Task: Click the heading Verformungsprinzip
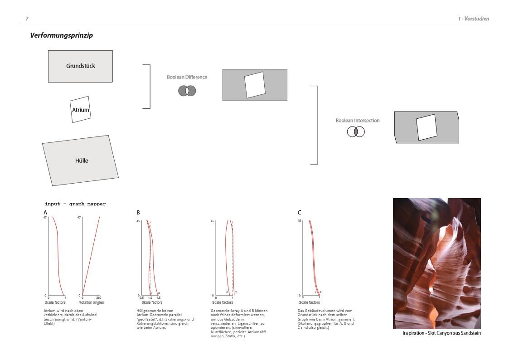tap(61, 35)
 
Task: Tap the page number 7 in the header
tap(27, 19)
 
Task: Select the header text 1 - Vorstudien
tap(473, 19)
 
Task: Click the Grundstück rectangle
tap(81, 66)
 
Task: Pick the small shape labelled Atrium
tap(81, 109)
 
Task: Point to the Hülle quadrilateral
tap(81, 161)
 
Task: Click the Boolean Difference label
tap(187, 77)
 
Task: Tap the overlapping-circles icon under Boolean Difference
tap(187, 91)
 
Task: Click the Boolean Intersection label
tap(358, 121)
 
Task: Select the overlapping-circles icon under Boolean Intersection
tap(356, 132)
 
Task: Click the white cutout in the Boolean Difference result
tap(255, 85)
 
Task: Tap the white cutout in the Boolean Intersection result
tap(427, 127)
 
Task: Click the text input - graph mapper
tap(75, 204)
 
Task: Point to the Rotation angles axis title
tap(91, 302)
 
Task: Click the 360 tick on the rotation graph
tap(99, 298)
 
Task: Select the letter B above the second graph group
tap(138, 213)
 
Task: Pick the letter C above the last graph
tap(299, 213)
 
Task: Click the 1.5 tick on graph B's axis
tap(159, 298)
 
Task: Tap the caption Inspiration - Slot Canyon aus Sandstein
tap(441, 333)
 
